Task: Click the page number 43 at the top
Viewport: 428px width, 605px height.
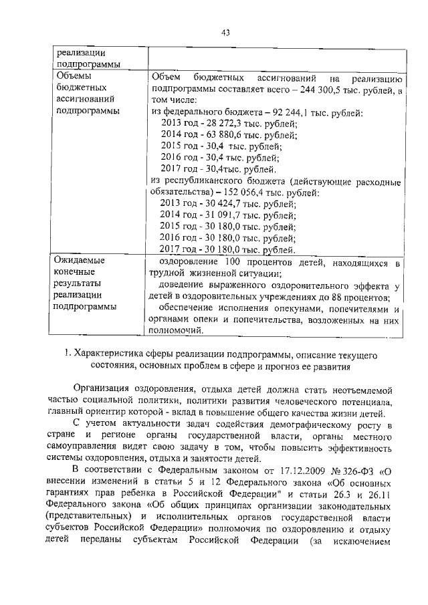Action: coord(225,32)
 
